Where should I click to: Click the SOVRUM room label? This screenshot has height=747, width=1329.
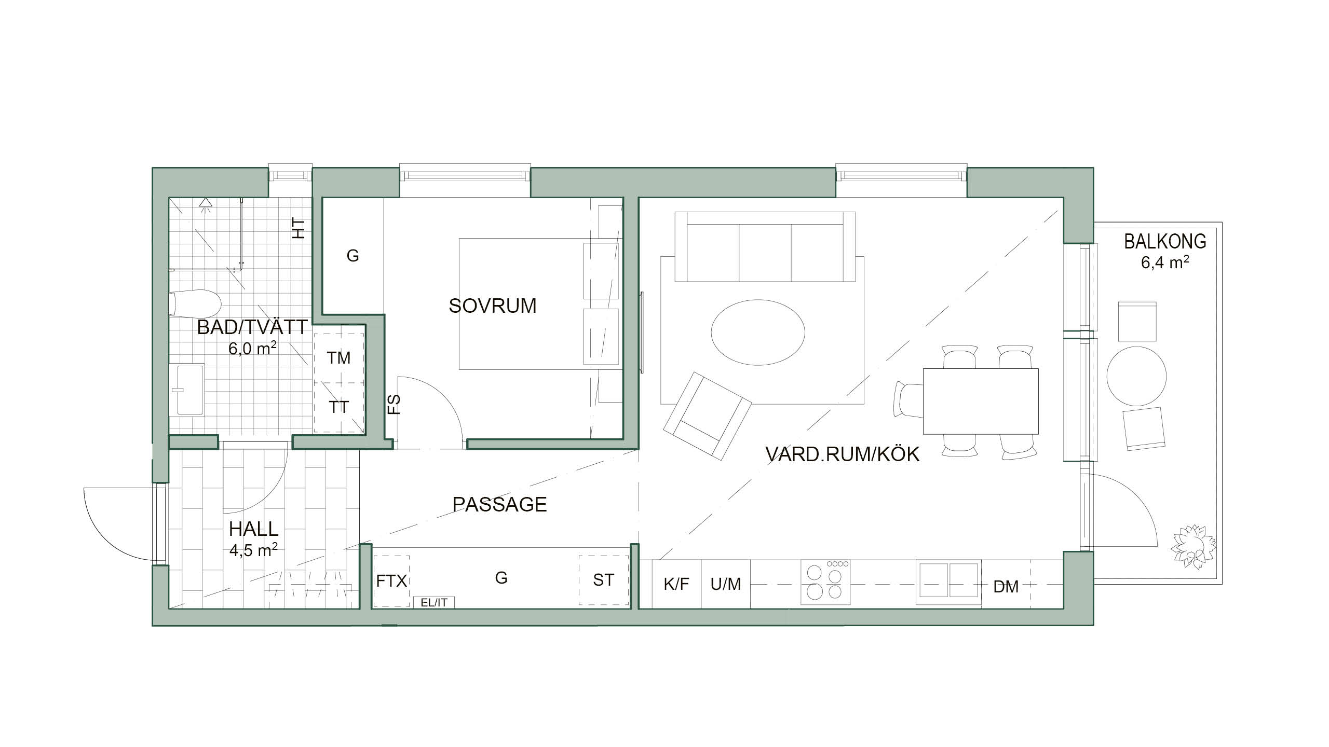tap(493, 306)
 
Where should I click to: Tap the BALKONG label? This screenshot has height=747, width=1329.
tap(1165, 242)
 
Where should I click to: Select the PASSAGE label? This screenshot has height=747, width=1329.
tap(499, 504)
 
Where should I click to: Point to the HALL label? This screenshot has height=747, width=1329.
tap(253, 529)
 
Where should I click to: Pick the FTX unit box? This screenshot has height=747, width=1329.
tap(391, 580)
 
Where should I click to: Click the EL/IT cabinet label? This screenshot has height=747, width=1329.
tap(434, 602)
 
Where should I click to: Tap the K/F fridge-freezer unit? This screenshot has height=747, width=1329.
tap(676, 584)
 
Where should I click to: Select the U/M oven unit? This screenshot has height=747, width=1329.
tap(726, 584)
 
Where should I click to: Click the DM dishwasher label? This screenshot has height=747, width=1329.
tap(1006, 587)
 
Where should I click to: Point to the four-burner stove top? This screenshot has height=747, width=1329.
tap(826, 582)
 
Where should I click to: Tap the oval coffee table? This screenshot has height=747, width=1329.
tap(758, 333)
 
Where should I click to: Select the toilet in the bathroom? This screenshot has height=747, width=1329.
tap(195, 304)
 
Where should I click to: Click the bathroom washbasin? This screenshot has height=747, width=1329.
tap(186, 390)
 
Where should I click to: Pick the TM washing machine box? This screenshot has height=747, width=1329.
tap(338, 357)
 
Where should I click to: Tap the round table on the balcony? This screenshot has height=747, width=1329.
tap(1136, 376)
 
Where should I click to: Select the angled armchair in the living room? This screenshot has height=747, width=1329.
tap(707, 416)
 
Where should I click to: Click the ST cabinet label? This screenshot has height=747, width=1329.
tap(603, 580)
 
